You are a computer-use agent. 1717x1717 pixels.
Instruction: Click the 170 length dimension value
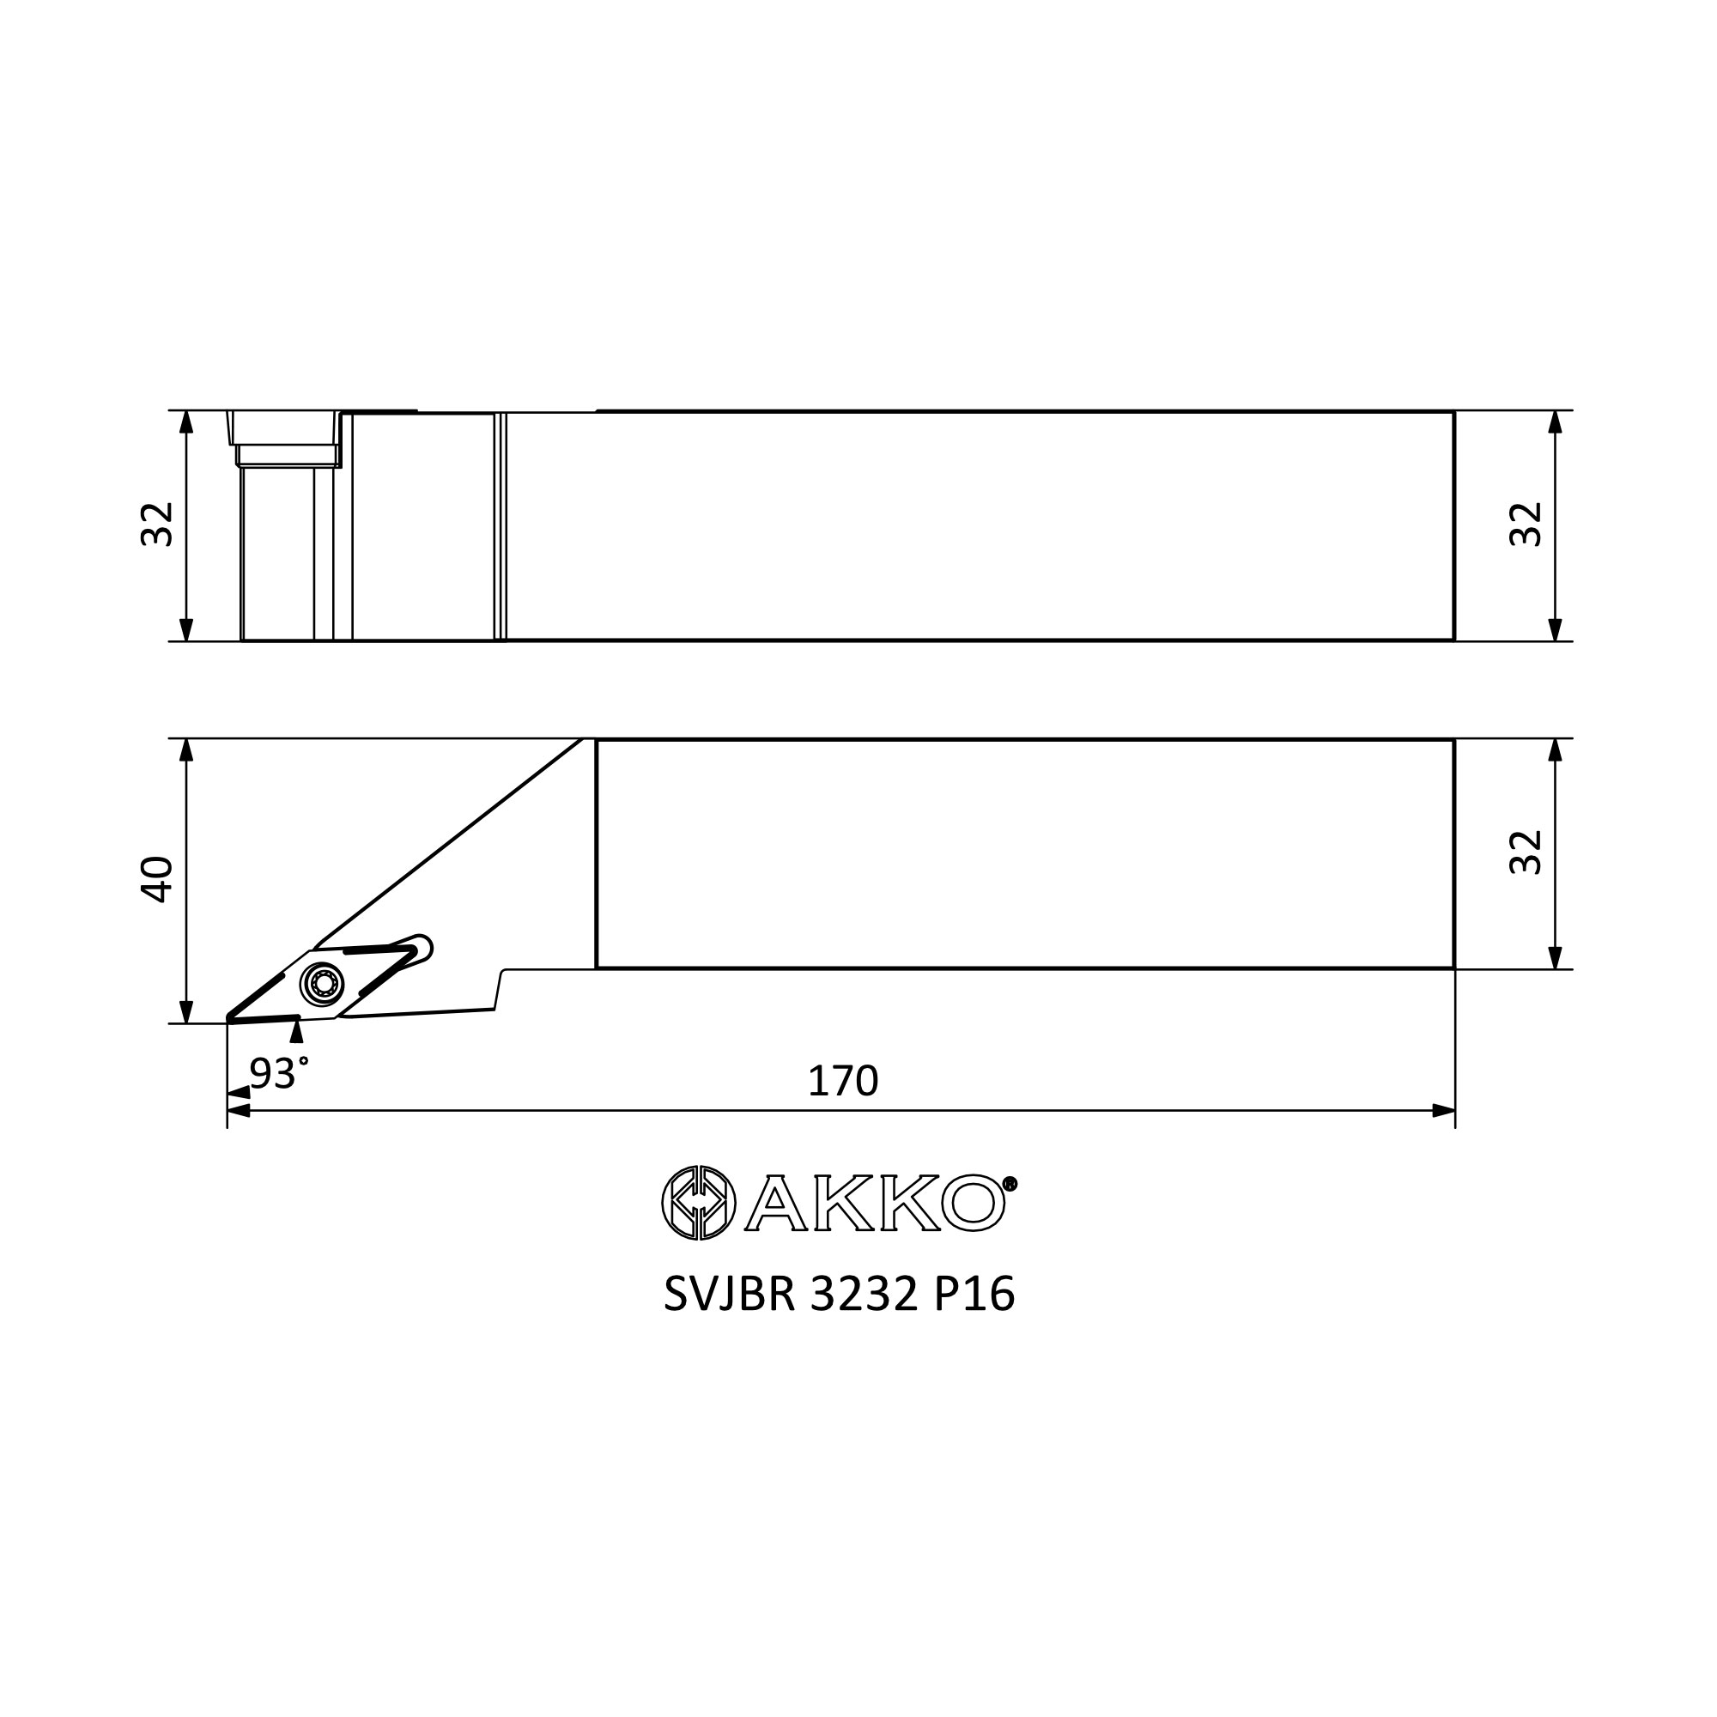click(842, 1082)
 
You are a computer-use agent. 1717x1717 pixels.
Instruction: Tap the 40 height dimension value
click(158, 879)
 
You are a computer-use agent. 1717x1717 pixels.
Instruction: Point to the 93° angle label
click(279, 1074)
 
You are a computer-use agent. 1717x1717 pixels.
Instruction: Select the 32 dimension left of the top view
click(158, 525)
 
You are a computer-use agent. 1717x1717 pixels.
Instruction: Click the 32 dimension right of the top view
click(1526, 525)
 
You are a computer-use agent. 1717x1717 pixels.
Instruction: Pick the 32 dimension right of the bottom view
click(1526, 852)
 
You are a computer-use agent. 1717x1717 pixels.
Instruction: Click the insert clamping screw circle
click(322, 982)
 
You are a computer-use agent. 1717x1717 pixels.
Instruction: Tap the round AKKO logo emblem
click(699, 1203)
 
